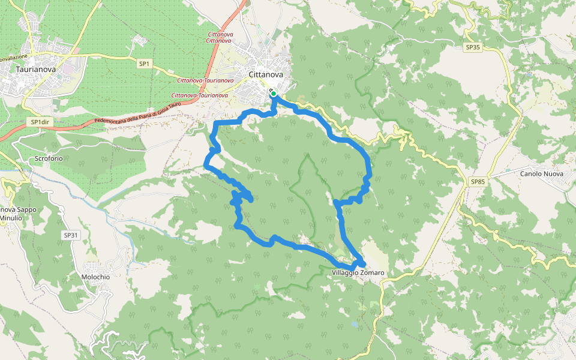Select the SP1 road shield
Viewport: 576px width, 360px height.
[144, 63]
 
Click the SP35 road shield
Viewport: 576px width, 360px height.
[473, 47]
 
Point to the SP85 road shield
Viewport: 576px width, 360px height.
[478, 181]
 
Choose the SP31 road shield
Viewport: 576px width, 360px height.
[70, 235]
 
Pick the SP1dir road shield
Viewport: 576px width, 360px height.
[40, 122]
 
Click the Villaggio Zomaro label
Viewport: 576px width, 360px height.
[358, 273]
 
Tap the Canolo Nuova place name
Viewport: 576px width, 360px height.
[543, 174]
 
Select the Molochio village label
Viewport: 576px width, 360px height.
[95, 277]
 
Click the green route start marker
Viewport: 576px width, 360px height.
[274, 94]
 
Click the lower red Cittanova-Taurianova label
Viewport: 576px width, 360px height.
[199, 95]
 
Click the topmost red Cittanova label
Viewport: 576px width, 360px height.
[220, 34]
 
